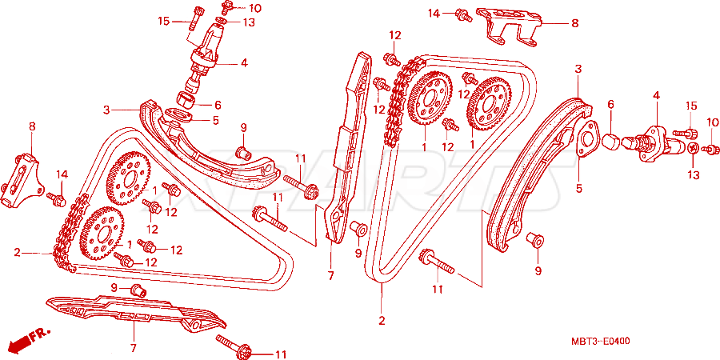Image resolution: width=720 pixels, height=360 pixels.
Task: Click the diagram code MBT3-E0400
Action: coord(600,341)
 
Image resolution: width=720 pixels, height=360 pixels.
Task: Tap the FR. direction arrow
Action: coord(30,338)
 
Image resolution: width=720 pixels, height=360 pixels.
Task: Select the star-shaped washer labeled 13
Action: coord(694,148)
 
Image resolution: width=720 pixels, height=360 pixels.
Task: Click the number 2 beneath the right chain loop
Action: coord(382,321)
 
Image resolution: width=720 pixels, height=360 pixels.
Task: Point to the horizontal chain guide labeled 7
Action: coord(135,312)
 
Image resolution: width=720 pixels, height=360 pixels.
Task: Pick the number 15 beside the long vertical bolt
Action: coord(163,21)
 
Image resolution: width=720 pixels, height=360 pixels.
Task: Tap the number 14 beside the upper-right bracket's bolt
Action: coord(434,14)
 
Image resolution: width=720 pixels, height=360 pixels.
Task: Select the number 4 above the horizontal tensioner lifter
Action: coord(656,95)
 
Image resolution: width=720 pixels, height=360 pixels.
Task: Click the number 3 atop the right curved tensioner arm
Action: coord(578,70)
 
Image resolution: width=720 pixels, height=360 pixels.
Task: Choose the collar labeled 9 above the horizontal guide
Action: coord(138,290)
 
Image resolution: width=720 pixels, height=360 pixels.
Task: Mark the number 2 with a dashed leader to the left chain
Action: coord(17,252)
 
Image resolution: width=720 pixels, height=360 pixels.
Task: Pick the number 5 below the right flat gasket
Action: coord(578,188)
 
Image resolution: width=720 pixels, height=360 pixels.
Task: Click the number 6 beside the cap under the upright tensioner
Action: coord(218,105)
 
